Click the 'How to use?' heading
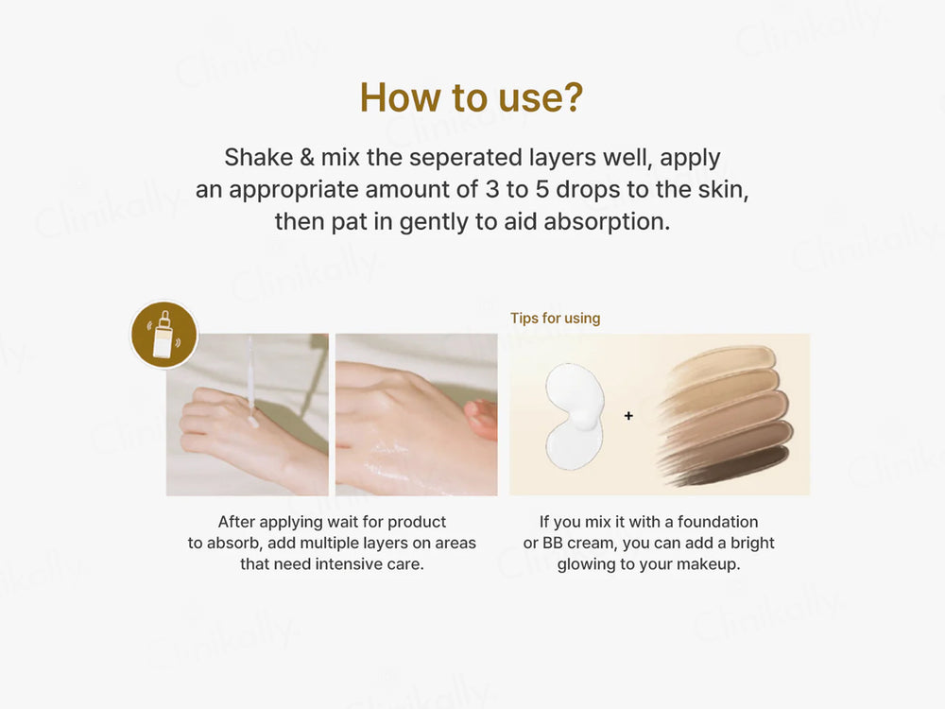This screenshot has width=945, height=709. pyautogui.click(x=472, y=97)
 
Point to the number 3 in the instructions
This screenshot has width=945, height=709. pyautogui.click(x=492, y=189)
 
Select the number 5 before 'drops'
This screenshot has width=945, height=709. pyautogui.click(x=542, y=189)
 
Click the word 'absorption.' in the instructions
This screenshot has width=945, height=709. pyautogui.click(x=607, y=222)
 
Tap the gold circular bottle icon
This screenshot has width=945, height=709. pyautogui.click(x=163, y=334)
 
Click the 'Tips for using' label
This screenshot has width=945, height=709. pyautogui.click(x=555, y=318)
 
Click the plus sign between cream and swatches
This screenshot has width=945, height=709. pyautogui.click(x=628, y=415)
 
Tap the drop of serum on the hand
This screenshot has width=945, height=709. pyautogui.click(x=252, y=421)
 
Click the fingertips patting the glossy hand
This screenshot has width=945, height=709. pyautogui.click(x=481, y=417)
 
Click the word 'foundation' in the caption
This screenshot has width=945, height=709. pyautogui.click(x=718, y=522)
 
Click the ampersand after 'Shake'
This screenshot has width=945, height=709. pyautogui.click(x=307, y=157)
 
